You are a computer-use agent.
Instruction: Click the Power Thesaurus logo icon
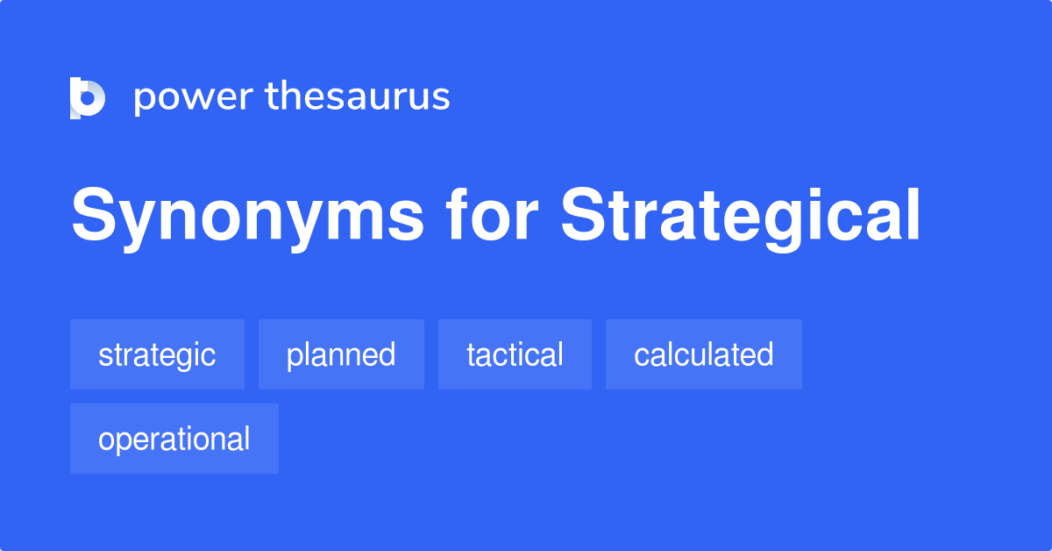88,97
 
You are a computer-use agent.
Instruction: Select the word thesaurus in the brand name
358,97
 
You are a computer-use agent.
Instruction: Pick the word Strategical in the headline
741,217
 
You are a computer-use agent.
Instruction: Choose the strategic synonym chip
157,354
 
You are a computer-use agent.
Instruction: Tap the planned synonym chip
341,354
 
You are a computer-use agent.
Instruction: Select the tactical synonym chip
515,354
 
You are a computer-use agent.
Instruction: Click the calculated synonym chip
703,354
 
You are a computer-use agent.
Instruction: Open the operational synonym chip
174,439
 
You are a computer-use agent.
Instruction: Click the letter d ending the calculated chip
764,354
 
